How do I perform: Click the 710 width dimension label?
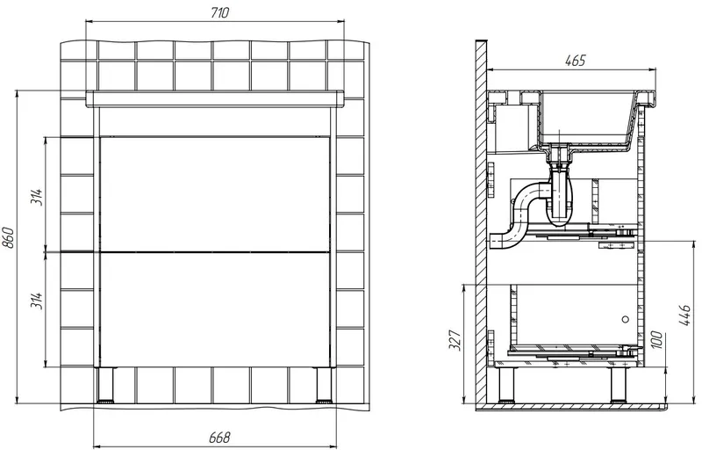click(220, 13)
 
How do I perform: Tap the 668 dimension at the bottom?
click(219, 438)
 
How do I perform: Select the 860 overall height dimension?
click(9, 238)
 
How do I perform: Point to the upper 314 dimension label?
click(37, 197)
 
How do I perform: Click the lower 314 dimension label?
click(37, 300)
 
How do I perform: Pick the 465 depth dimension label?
click(576, 61)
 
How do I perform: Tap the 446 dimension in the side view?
click(685, 315)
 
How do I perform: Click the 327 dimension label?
click(455, 340)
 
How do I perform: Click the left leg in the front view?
click(105, 385)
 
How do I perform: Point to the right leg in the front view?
click(324, 385)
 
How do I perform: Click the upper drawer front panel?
click(215, 194)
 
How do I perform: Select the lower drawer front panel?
click(215, 310)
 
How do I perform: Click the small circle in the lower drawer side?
click(626, 319)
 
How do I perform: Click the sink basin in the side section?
click(587, 119)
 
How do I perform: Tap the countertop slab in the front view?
click(215, 98)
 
